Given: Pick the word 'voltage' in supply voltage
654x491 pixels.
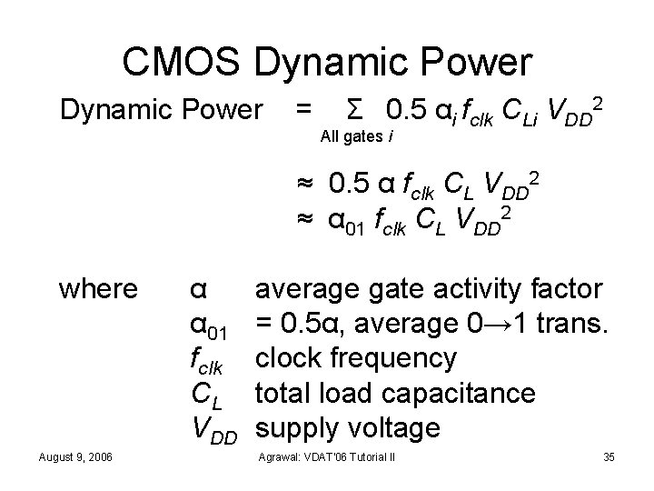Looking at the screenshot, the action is coord(396,427).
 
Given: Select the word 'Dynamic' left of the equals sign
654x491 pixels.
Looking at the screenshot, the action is coord(114,111).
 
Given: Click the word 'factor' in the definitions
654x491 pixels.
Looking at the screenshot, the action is coord(565,289).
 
